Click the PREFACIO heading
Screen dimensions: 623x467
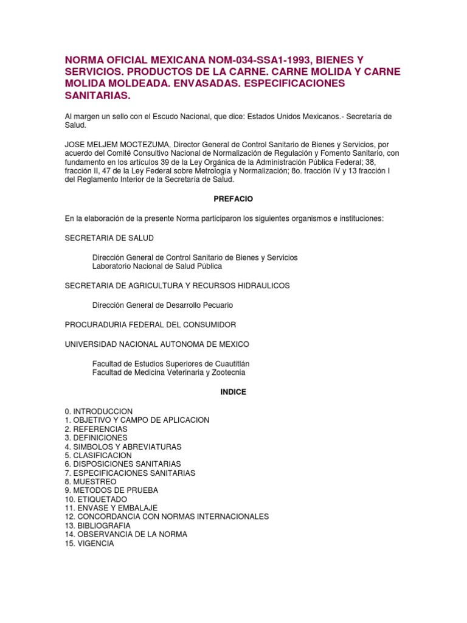233,199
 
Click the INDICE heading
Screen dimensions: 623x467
233,392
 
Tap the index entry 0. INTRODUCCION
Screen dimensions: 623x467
99,411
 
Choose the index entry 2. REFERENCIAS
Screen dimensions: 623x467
96,429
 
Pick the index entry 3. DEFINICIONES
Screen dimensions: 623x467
96,437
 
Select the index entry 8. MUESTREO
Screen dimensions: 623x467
91,482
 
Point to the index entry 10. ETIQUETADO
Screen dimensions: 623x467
96,499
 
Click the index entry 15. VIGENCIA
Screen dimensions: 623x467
89,543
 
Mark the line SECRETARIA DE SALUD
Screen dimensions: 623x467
109,238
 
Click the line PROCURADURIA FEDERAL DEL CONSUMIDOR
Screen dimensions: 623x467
150,325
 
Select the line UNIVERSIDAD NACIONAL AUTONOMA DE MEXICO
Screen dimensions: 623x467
157,344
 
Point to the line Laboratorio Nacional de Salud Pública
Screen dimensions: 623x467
157,266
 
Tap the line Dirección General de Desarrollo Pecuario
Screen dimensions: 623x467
162,305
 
